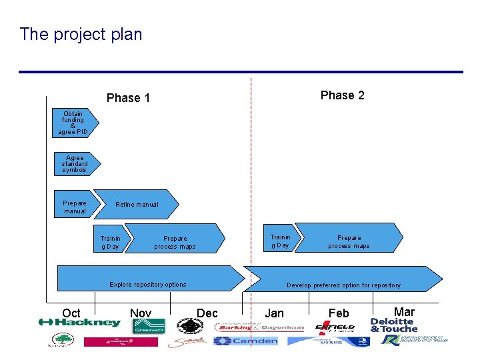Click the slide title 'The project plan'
pyautogui.click(x=81, y=34)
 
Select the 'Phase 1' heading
pyautogui.click(x=128, y=98)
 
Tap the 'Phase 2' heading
pyautogui.click(x=342, y=95)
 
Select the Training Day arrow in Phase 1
pyautogui.click(x=111, y=241)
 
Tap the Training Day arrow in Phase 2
pyautogui.click(x=281, y=241)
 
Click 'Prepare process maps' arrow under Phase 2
pyautogui.click(x=349, y=241)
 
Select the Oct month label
pyautogui.click(x=71, y=313)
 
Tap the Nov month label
pyautogui.click(x=141, y=313)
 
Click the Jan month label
pyautogui.click(x=274, y=313)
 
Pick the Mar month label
pyautogui.click(x=404, y=311)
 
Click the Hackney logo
pyautogui.click(x=80, y=323)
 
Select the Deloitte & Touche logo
pyautogui.click(x=394, y=325)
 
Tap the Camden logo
pyautogui.click(x=245, y=341)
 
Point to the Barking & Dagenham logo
pyautogui.click(x=259, y=327)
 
